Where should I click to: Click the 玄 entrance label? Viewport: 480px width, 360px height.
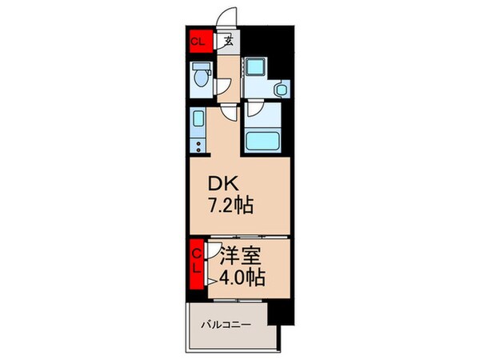(x=228, y=42)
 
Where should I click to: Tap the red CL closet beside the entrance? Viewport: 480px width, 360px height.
(x=198, y=42)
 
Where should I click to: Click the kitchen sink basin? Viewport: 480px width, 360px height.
(x=198, y=122)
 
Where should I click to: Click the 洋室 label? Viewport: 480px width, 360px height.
(x=238, y=258)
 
